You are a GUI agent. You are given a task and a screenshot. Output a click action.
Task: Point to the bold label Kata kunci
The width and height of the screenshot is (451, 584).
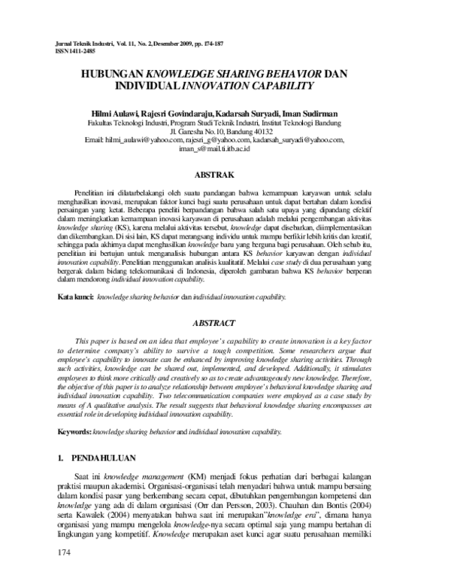click(76, 297)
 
